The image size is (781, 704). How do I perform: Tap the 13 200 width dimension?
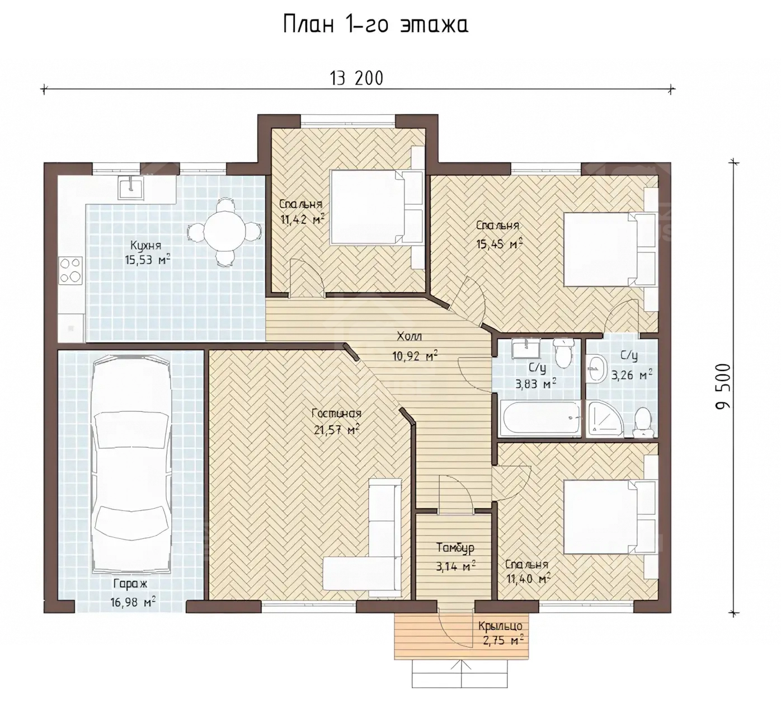[357, 78]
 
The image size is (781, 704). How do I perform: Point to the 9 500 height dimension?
[723, 386]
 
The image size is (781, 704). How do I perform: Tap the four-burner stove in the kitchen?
[70, 270]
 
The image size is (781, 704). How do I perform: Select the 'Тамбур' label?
[455, 548]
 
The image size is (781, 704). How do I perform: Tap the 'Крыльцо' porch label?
[500, 626]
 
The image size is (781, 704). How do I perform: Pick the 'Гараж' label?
[130, 584]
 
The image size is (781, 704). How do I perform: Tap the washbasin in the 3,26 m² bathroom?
[596, 369]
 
